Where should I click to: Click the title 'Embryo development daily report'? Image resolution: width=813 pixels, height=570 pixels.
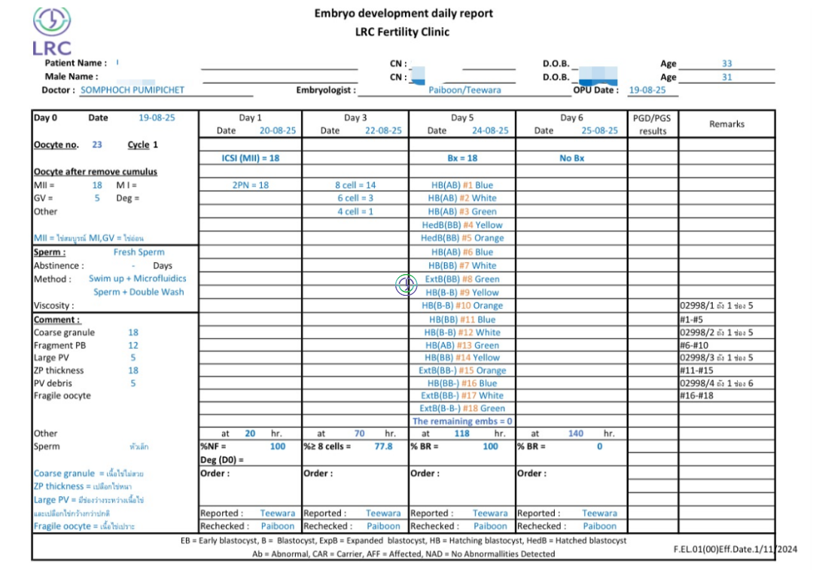[x=403, y=14]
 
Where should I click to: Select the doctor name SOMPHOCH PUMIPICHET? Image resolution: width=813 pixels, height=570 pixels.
[x=132, y=90]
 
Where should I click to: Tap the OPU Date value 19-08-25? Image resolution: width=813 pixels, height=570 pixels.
[x=647, y=90]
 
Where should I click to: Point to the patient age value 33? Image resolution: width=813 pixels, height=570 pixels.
[x=726, y=64]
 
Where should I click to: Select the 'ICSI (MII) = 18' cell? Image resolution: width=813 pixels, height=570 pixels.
[x=250, y=158]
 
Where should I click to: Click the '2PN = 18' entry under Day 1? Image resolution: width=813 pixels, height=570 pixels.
[x=250, y=185]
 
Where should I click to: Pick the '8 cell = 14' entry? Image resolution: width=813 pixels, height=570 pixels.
[x=355, y=185]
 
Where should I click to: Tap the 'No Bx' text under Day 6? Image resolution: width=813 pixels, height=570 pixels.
[x=571, y=158]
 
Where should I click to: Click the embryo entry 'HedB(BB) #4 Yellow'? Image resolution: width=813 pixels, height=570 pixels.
[x=462, y=224]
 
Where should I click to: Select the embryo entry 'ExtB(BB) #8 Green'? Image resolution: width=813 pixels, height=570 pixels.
[x=462, y=279]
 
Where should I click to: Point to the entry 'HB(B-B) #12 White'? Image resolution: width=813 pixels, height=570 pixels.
[x=462, y=332]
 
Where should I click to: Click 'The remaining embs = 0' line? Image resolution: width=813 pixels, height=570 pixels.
[x=462, y=421]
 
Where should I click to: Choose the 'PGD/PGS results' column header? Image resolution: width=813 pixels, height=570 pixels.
[x=653, y=124]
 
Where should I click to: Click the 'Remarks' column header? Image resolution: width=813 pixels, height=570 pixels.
[x=726, y=124]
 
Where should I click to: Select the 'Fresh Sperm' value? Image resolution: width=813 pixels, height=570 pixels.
[x=139, y=252]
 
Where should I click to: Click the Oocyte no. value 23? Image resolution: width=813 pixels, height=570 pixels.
[x=97, y=145]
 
